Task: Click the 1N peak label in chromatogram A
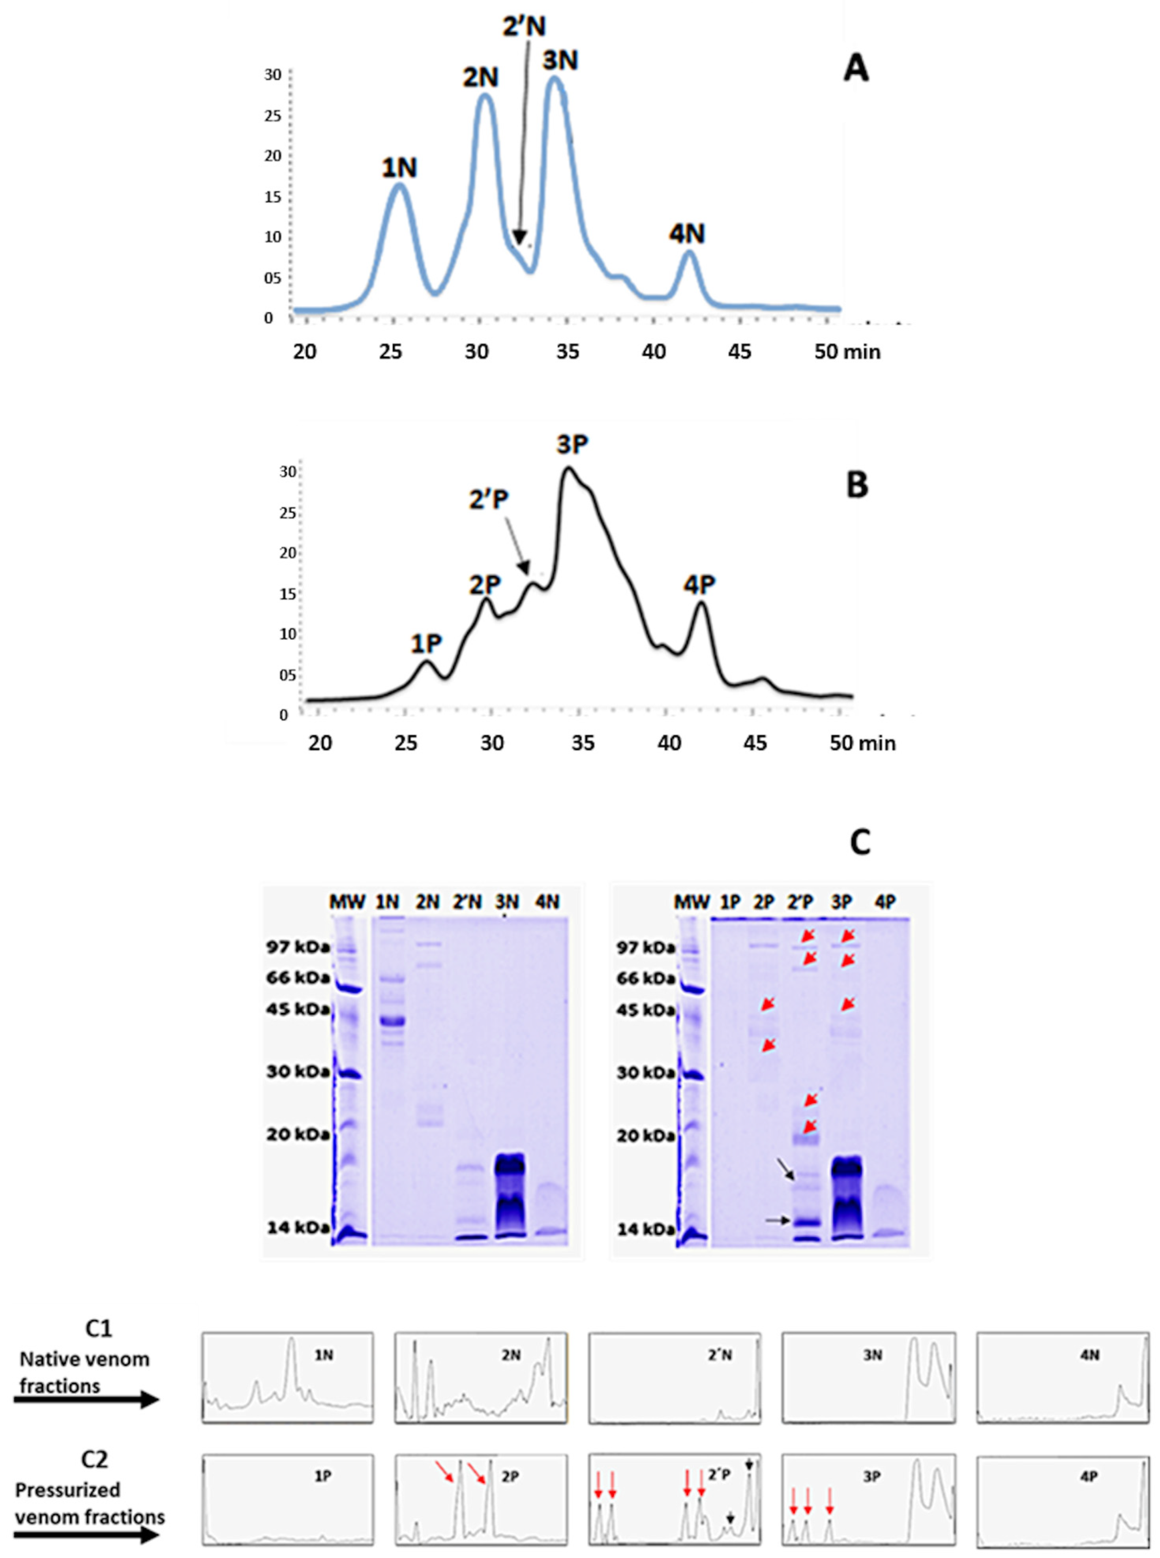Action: (399, 168)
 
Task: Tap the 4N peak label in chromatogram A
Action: (687, 234)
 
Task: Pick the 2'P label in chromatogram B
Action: (489, 499)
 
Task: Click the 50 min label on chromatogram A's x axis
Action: (847, 352)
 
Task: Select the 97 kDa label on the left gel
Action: (297, 947)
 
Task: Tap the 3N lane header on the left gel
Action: (507, 902)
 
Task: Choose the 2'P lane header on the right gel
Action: (800, 902)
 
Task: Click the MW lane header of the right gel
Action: (692, 902)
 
